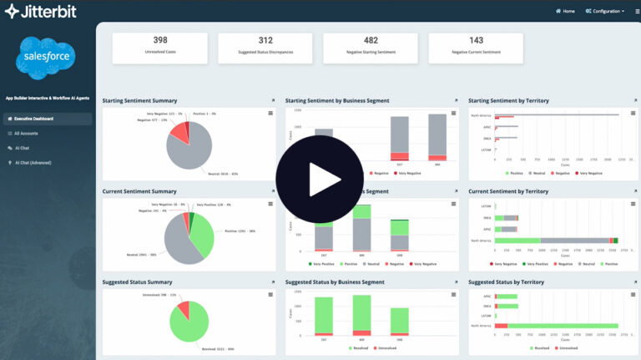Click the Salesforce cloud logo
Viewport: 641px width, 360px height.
click(47, 57)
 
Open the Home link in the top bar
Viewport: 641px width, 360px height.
click(565, 11)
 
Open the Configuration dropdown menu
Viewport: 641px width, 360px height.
click(605, 11)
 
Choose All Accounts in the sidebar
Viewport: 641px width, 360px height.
click(26, 133)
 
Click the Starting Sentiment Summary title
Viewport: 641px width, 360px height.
click(139, 100)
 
